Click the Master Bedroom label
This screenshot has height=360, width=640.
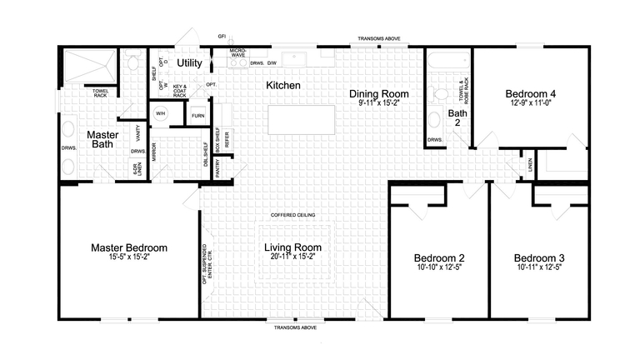click(128, 247)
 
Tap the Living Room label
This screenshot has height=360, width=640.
click(292, 247)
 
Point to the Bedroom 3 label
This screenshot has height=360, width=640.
click(539, 257)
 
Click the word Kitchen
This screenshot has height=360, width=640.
click(283, 85)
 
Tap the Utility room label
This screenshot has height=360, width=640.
click(190, 63)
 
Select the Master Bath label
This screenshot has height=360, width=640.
click(101, 139)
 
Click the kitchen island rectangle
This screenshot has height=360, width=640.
click(301, 119)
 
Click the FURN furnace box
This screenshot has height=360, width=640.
click(197, 116)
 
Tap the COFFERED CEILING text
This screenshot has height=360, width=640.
click(292, 215)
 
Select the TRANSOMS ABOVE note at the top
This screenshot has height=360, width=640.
click(378, 39)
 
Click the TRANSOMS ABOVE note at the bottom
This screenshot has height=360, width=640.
click(296, 327)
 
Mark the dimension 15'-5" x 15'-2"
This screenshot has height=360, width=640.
click(128, 259)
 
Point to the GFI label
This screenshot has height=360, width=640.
click(222, 37)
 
